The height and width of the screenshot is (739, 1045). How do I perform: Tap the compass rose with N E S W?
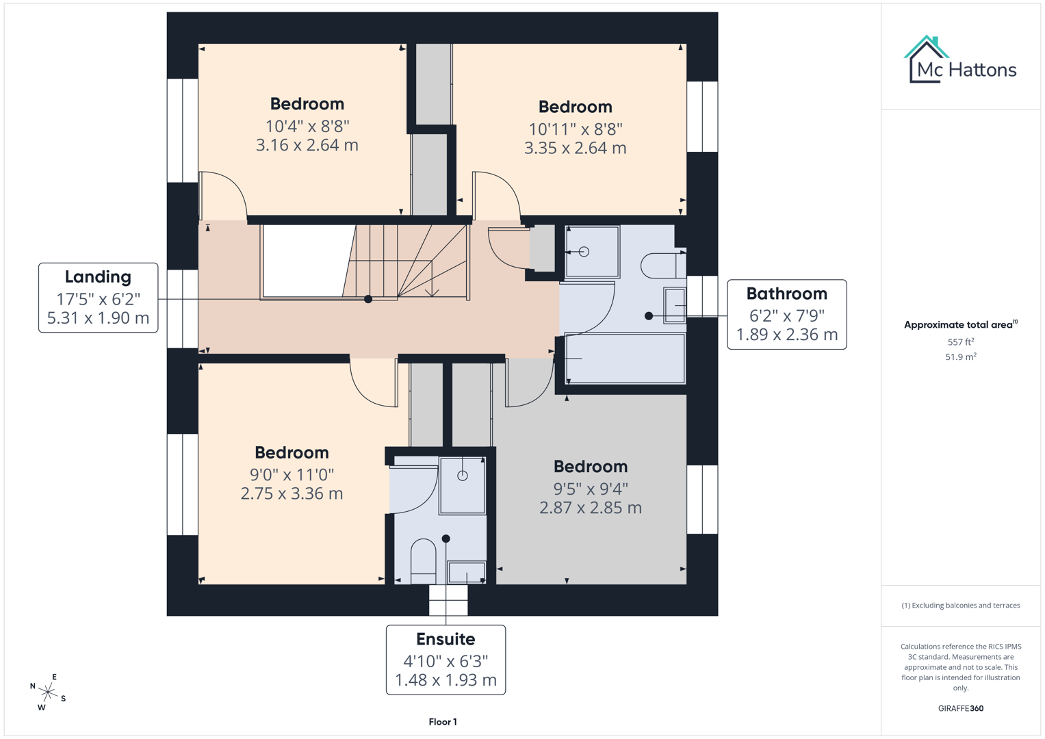pos(48,692)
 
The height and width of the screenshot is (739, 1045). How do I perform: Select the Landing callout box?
pos(98,298)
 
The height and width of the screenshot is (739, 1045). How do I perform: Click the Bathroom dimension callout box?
pos(786,315)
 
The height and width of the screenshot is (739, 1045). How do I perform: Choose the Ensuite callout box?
pos(446,660)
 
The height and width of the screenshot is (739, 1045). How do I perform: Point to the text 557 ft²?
pos(960,341)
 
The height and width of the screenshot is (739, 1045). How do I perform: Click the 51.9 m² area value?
pos(960,356)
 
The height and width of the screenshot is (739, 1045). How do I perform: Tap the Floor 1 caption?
pos(443,722)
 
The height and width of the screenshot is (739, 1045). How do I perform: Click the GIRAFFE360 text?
pos(960,708)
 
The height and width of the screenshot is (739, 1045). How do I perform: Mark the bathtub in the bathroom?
pos(625,358)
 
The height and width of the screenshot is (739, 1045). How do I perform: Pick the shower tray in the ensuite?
pos(463,486)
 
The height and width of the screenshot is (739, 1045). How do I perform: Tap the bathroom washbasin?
pos(675,304)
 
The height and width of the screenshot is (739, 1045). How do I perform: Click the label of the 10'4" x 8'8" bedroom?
pos(307,104)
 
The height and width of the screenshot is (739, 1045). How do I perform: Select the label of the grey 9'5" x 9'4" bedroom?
pos(590,467)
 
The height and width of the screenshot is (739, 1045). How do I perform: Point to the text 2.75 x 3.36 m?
pos(292,493)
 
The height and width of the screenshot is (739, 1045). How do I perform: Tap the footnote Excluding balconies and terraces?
pos(960,606)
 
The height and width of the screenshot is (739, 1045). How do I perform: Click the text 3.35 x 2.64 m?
pos(575,148)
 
